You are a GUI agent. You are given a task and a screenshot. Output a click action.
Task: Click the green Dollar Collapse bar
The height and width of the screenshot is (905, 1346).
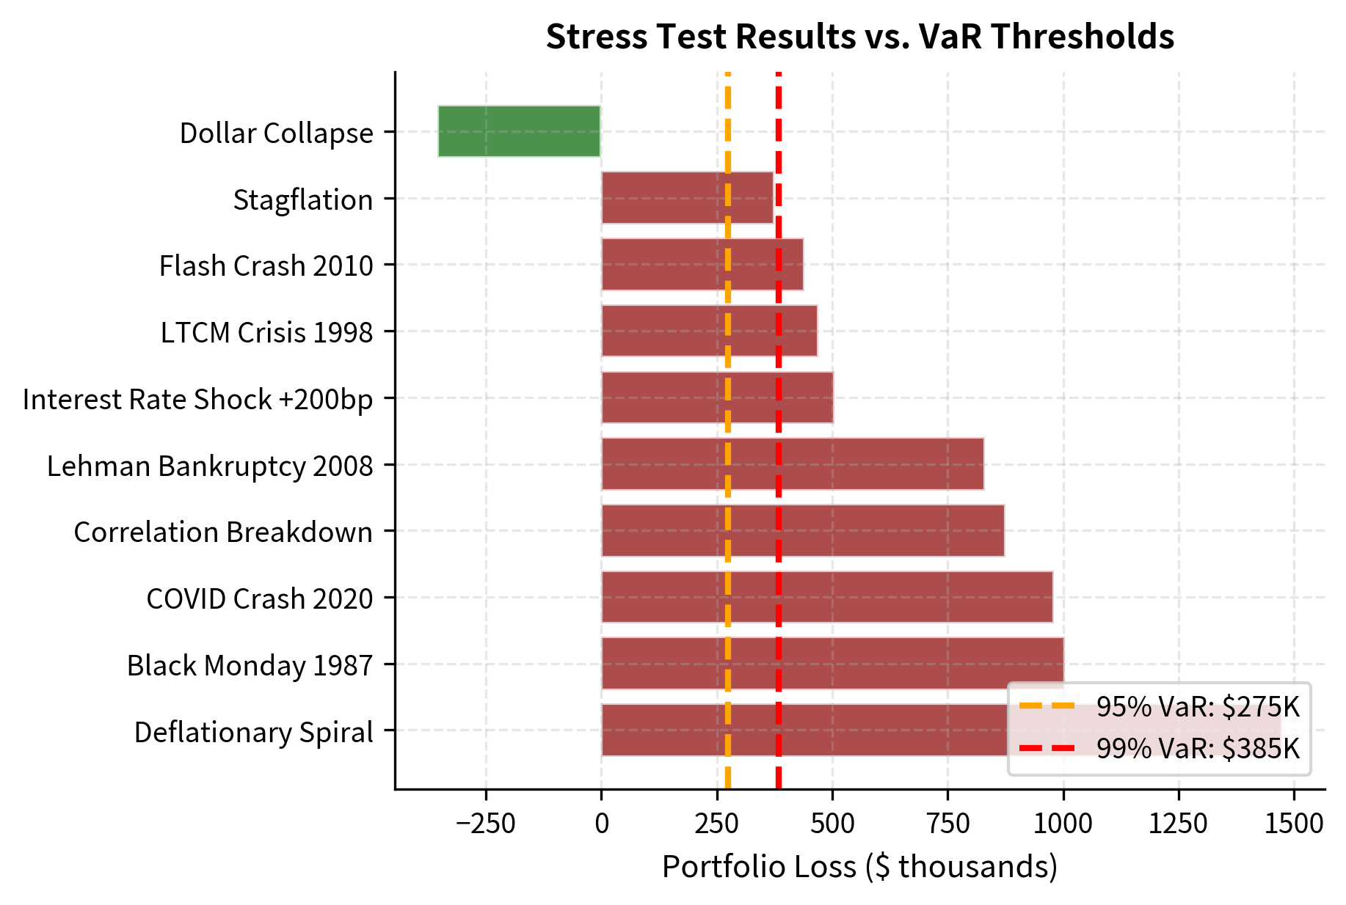[x=519, y=131]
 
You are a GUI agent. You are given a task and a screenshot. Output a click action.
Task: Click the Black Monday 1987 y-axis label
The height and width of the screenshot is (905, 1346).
[x=250, y=665]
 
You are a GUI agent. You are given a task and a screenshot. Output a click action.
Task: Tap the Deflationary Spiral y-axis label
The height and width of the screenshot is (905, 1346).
[x=253, y=732]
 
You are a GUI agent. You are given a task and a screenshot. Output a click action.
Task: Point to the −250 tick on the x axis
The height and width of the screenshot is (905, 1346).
[x=486, y=824]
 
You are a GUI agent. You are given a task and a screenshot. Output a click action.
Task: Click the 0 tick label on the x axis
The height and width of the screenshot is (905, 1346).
[x=602, y=824]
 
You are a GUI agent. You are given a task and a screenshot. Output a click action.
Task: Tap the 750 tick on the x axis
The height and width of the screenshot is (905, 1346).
[x=947, y=824]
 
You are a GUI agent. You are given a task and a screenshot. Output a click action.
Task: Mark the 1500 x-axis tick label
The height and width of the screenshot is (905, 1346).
[x=1294, y=824]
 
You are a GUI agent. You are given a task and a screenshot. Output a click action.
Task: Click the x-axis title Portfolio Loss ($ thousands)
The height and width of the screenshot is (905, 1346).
[x=859, y=867]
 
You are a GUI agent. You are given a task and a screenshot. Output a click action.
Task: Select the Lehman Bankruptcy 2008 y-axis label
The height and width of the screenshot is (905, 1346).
[x=210, y=466]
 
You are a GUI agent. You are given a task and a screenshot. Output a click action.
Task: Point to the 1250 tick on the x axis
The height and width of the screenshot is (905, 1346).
[x=1179, y=824]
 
